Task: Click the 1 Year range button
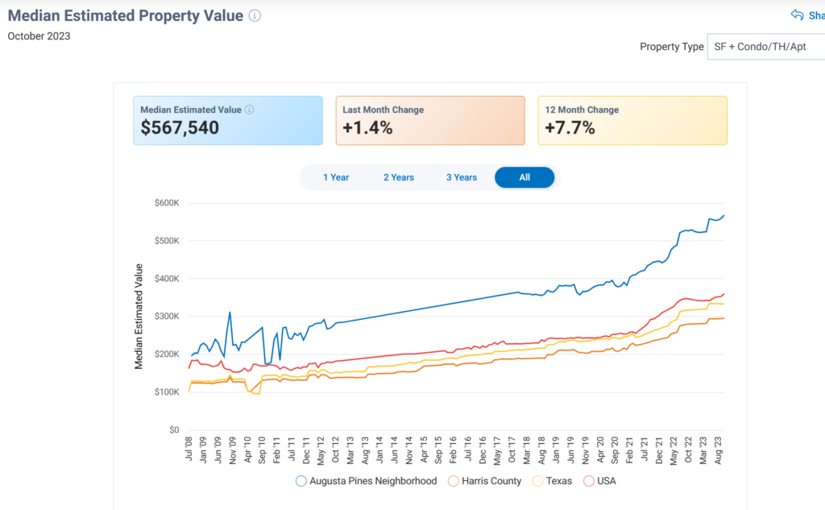tap(336, 177)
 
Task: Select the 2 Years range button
tap(398, 177)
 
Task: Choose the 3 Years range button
tap(462, 177)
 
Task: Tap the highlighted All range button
tap(524, 177)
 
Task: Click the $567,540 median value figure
tap(180, 127)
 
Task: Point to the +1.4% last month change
tap(367, 127)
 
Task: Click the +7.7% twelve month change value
tap(570, 127)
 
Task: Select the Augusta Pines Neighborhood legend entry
tap(367, 481)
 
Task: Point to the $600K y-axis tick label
tap(166, 203)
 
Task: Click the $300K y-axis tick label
tap(166, 317)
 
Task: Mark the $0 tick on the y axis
tap(173, 430)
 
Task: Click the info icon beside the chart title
tap(255, 16)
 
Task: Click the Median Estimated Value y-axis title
tap(139, 317)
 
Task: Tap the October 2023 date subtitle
tap(39, 35)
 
